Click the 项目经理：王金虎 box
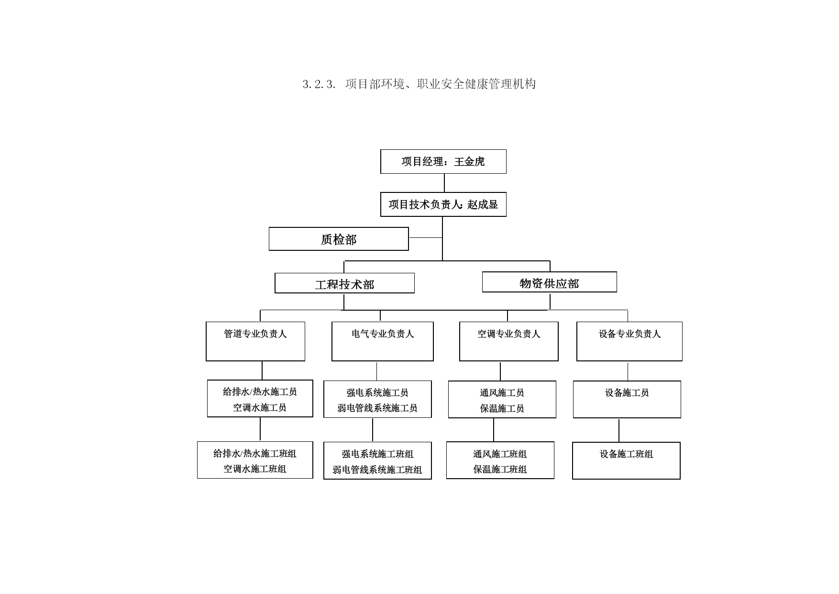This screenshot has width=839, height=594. pos(443,161)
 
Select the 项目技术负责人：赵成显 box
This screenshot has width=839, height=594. pos(443,204)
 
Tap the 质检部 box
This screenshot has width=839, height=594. pos(339,239)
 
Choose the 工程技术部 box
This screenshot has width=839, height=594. pos(344,283)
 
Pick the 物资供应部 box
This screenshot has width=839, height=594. pos(550,282)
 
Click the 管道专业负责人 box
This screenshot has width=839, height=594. pos(255,341)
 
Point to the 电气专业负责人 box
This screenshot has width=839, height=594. pos(383,341)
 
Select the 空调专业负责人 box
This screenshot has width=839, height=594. pos(509,341)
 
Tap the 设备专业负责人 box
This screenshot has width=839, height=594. pos(629,341)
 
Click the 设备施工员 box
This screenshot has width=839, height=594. pos(627,399)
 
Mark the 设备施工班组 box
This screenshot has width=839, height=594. pos(626,460)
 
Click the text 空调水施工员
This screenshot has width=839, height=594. pos(260,408)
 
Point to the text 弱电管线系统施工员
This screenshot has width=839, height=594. pos(377,408)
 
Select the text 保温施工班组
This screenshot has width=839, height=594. pos(500,470)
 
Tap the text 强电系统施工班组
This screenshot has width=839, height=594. pos(377,454)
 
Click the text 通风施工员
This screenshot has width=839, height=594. pos(502,393)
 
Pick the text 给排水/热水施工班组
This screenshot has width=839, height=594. pos(255,453)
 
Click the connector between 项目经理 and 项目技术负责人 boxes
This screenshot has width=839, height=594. pos(444,183)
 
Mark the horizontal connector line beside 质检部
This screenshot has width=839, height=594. pos(426,237)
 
